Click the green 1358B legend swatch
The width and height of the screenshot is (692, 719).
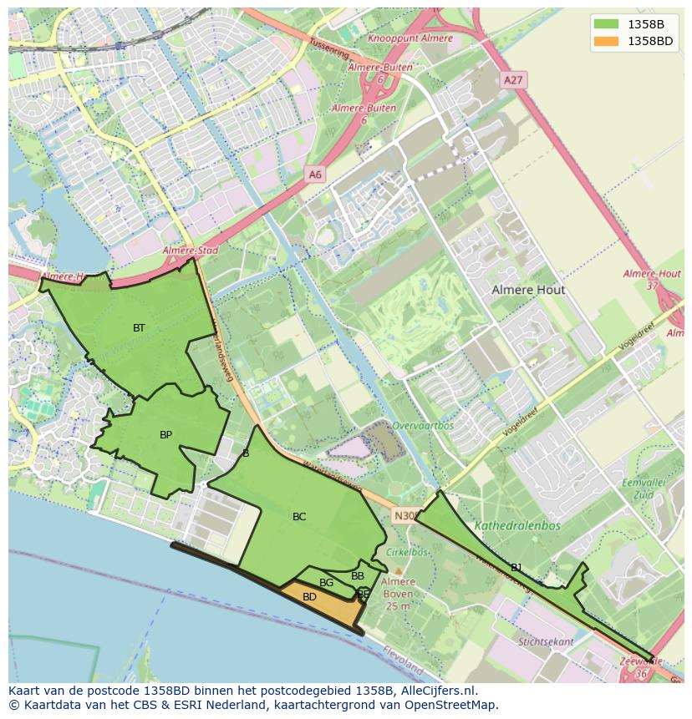(608, 23)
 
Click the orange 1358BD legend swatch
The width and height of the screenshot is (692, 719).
(608, 41)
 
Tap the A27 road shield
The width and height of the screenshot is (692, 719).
(512, 80)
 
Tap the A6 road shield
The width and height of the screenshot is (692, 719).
(314, 175)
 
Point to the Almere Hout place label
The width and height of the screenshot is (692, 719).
(527, 290)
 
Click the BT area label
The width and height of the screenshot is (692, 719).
(139, 328)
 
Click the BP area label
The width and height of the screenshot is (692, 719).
(165, 435)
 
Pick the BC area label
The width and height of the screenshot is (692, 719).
(298, 517)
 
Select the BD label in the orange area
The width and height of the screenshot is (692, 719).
(309, 597)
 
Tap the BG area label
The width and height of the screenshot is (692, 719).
(326, 583)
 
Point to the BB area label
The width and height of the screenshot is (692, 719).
(358, 576)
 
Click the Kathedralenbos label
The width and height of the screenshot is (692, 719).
(517, 526)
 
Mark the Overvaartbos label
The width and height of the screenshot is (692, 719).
(423, 425)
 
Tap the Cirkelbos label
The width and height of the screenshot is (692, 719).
(407, 552)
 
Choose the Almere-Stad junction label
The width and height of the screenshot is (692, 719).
(190, 251)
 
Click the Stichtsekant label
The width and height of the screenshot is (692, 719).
(545, 642)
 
